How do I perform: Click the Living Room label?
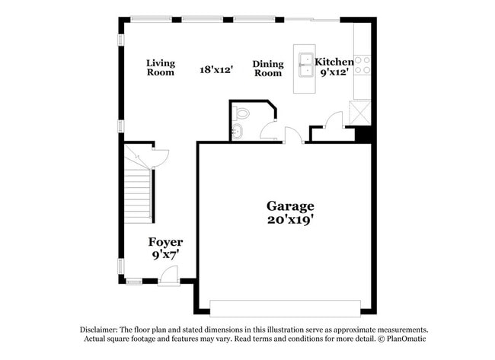[161, 68]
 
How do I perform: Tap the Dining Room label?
[268, 69]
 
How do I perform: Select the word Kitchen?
[334, 62]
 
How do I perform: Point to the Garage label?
[289, 205]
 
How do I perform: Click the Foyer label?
[165, 242]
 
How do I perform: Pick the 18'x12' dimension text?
[216, 69]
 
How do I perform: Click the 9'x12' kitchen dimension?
[335, 72]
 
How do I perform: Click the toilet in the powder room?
[242, 113]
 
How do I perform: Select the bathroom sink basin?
[237, 130]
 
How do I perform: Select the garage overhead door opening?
[285, 308]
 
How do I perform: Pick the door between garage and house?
[293, 136]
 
